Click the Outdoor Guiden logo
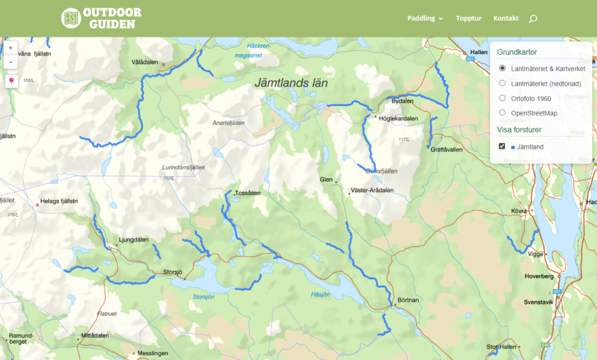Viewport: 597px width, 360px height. tap(101, 18)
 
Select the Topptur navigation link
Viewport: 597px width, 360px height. tap(469, 18)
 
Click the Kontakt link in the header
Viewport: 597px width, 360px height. tap(505, 18)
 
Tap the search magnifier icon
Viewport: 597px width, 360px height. tap(532, 19)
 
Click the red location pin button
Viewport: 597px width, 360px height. tap(11, 81)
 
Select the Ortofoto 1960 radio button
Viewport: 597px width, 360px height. tap(503, 98)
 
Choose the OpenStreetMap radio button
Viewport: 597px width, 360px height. tap(503, 113)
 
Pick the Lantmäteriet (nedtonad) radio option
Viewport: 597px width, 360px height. tap(503, 83)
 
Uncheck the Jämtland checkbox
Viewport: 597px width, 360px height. tap(502, 146)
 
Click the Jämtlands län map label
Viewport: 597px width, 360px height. tap(291, 83)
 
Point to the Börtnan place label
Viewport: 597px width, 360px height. tap(408, 300)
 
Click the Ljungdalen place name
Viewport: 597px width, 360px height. tap(134, 240)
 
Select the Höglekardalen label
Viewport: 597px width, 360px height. tap(398, 118)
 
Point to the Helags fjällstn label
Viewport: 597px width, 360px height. tap(58, 202)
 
